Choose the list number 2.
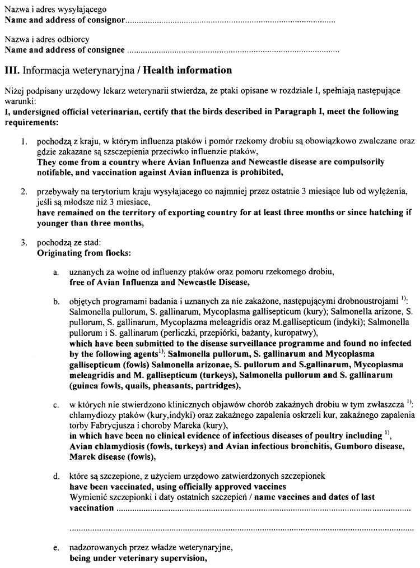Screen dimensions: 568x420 tap(24, 192)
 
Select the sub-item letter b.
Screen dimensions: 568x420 tap(56, 302)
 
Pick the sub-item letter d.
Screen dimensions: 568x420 tap(56, 475)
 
